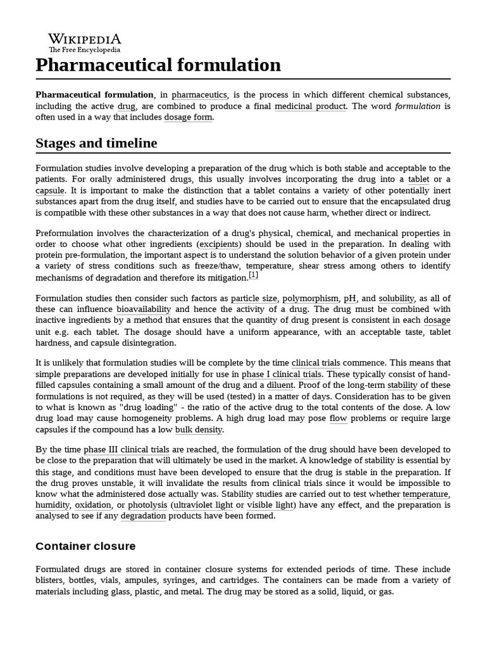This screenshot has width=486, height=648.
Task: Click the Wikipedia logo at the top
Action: point(84,42)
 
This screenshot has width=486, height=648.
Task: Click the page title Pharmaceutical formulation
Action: point(158,65)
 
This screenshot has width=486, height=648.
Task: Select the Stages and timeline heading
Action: point(96,143)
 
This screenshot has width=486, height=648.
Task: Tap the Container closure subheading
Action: point(85,545)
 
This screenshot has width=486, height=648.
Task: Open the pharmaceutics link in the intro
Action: point(199,94)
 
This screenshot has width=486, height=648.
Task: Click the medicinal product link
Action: point(310,106)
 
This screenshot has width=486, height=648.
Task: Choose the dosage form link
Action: point(188,117)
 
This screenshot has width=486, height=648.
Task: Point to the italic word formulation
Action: point(417,106)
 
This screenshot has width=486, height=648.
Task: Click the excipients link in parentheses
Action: point(218,244)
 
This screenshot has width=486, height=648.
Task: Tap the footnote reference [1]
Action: point(253,275)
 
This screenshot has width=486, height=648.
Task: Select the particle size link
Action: point(253,298)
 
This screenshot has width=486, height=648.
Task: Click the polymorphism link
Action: point(310,298)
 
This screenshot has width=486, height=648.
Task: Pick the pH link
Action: point(349,298)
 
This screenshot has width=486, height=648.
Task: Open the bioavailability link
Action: point(144,309)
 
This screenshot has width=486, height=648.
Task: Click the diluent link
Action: point(280,385)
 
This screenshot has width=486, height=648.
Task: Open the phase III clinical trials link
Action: point(127,450)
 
